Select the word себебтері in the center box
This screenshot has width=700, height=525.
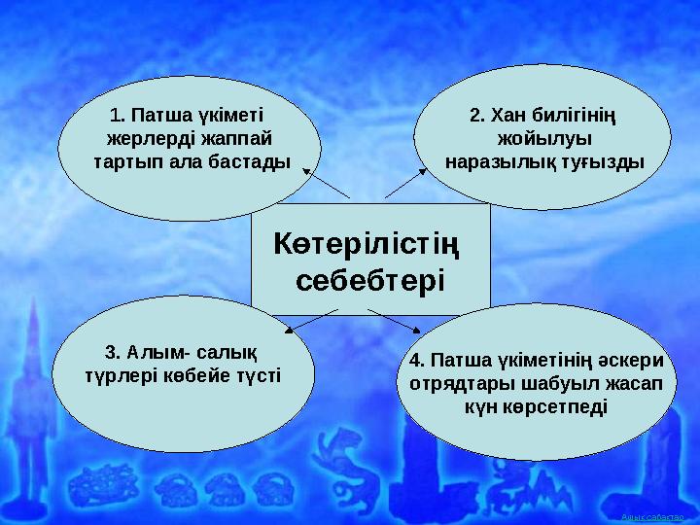368,281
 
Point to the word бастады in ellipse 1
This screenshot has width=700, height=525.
251,159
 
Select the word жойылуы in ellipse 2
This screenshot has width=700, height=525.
543,137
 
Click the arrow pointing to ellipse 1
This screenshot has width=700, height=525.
325,182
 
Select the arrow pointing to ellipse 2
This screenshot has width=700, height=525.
407,182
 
